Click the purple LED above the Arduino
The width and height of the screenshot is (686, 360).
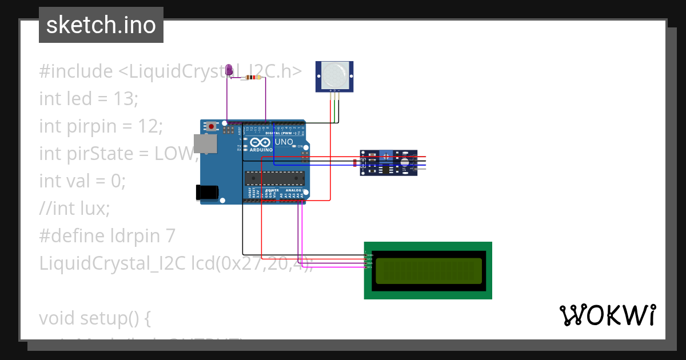tap(229, 70)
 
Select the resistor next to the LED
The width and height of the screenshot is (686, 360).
tap(252, 77)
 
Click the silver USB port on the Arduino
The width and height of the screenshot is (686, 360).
tap(205, 144)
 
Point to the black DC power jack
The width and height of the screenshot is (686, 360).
tap(206, 192)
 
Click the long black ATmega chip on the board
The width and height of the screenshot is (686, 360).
tap(274, 178)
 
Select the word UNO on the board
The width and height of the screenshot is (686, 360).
tap(284, 142)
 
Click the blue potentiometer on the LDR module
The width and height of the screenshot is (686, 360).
tap(386, 155)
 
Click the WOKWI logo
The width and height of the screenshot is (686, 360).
tap(607, 315)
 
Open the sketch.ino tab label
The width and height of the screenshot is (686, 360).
tap(101, 25)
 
